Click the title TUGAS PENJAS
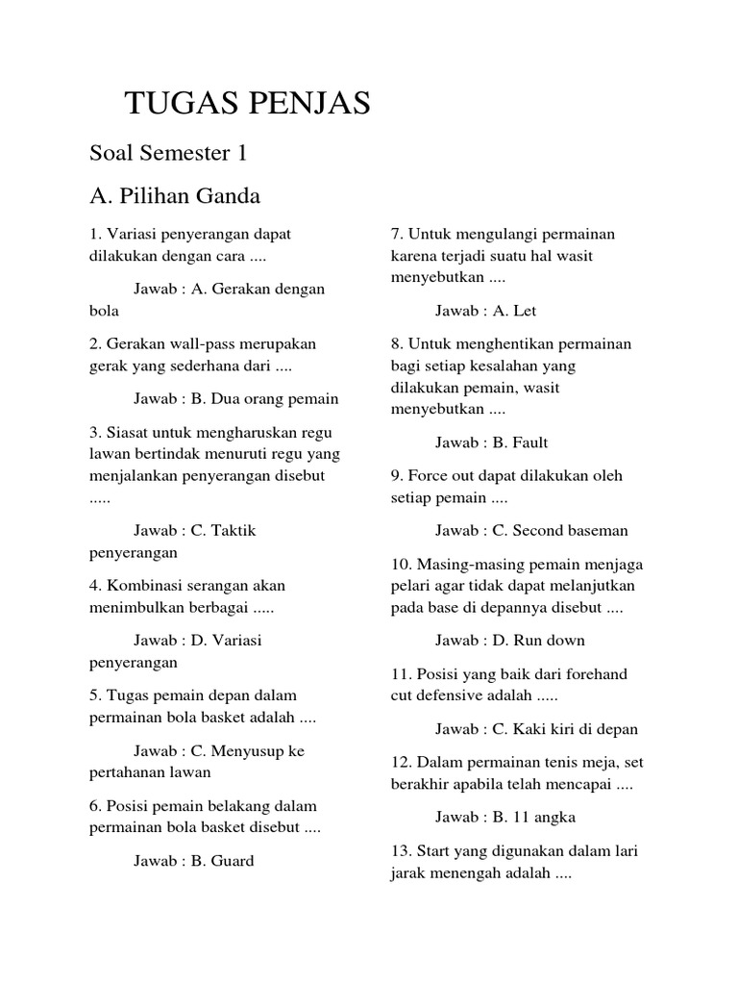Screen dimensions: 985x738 [x=248, y=104]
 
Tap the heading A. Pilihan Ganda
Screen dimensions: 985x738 [x=175, y=196]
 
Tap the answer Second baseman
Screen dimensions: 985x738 [x=570, y=530]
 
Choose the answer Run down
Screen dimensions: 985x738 [x=549, y=640]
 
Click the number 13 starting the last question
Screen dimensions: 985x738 [x=400, y=851]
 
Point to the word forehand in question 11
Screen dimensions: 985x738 [x=595, y=674]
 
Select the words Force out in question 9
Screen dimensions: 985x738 [x=442, y=476]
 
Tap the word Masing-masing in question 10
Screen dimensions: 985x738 [x=465, y=564]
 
